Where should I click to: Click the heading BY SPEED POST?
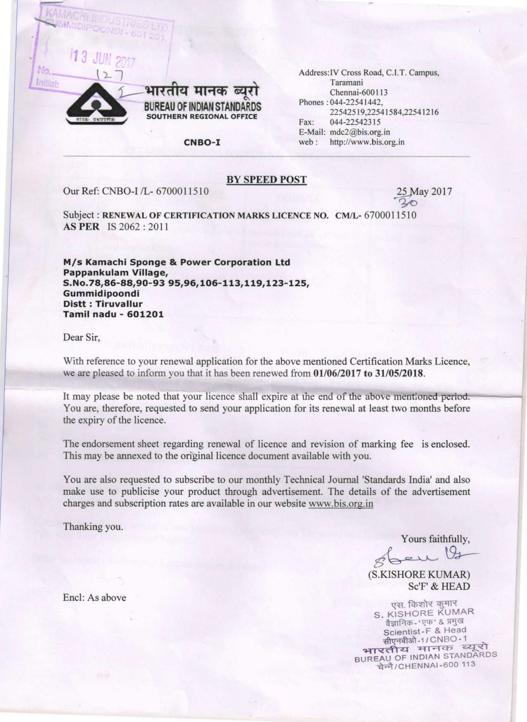[x=266, y=179]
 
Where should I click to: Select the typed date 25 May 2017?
[x=424, y=192]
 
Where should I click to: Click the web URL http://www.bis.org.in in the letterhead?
[x=367, y=142]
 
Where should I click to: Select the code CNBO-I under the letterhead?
[x=202, y=142]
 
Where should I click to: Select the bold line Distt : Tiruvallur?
[x=103, y=304]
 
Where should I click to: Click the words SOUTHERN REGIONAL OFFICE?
[x=201, y=116]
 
